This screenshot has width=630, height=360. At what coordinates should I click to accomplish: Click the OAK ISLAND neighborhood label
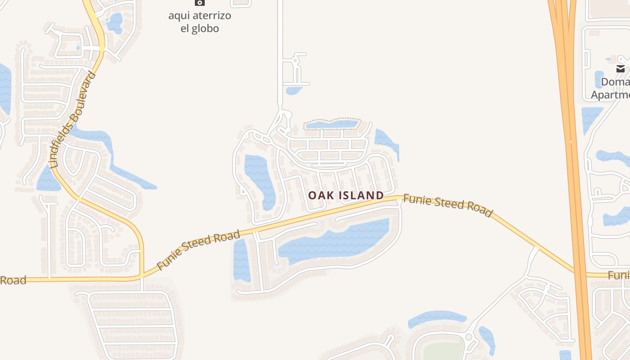pyautogui.click(x=346, y=195)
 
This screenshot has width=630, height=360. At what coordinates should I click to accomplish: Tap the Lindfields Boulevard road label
pyautogui.click(x=73, y=119)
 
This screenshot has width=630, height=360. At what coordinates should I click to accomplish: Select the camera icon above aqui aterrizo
pyautogui.click(x=199, y=3)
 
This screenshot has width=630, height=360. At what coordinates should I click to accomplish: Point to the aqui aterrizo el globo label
pyautogui.click(x=199, y=22)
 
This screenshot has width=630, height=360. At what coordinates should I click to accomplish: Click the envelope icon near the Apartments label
pyautogui.click(x=621, y=69)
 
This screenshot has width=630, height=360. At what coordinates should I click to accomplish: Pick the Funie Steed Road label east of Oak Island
pyautogui.click(x=448, y=205)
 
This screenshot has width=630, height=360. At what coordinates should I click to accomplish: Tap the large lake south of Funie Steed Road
pyautogui.click(x=333, y=241)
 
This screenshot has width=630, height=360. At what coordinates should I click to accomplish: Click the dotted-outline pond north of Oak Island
pyautogui.click(x=332, y=124)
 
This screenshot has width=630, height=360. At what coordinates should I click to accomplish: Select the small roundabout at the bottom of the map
pyautogui.click(x=469, y=337)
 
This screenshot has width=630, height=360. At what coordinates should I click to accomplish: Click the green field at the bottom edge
pyautogui.click(x=443, y=351)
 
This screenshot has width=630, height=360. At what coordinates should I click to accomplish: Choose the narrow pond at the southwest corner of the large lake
pyautogui.click(x=241, y=260)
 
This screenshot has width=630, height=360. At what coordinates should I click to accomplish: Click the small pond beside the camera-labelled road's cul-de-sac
pyautogui.click(x=294, y=90)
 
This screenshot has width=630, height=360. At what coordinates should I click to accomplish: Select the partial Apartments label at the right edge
pyautogui.click(x=611, y=95)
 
